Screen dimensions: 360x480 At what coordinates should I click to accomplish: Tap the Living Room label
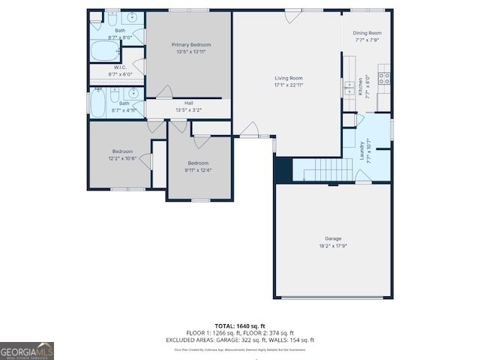click(289, 78)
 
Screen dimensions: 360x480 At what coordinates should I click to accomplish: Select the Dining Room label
click(367, 33)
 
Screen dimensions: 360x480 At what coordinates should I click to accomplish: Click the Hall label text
click(189, 103)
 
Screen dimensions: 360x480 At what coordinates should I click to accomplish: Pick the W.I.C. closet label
click(120, 67)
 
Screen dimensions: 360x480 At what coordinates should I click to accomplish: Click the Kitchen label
click(361, 86)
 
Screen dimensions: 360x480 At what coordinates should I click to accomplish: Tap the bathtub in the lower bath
click(99, 103)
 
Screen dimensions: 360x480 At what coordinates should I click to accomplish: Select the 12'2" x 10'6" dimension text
click(122, 158)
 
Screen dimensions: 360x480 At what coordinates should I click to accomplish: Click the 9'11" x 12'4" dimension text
click(198, 169)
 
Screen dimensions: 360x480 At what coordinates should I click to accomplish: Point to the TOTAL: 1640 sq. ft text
click(240, 326)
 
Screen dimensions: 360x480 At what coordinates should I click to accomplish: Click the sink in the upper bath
click(131, 16)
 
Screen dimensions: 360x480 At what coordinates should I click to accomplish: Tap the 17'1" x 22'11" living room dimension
click(289, 85)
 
